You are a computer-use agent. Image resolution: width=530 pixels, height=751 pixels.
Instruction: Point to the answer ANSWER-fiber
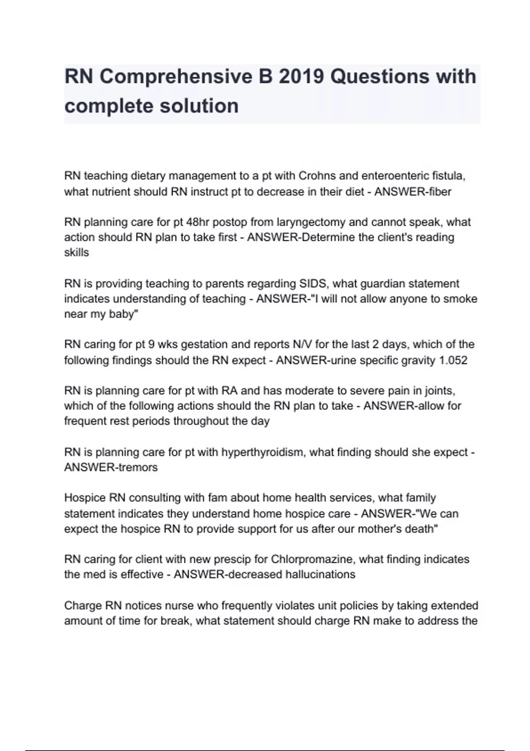tap(413, 192)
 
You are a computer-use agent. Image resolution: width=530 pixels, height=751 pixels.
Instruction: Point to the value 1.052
tap(453, 360)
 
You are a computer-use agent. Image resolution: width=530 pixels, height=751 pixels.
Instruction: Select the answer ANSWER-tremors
tap(111, 467)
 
